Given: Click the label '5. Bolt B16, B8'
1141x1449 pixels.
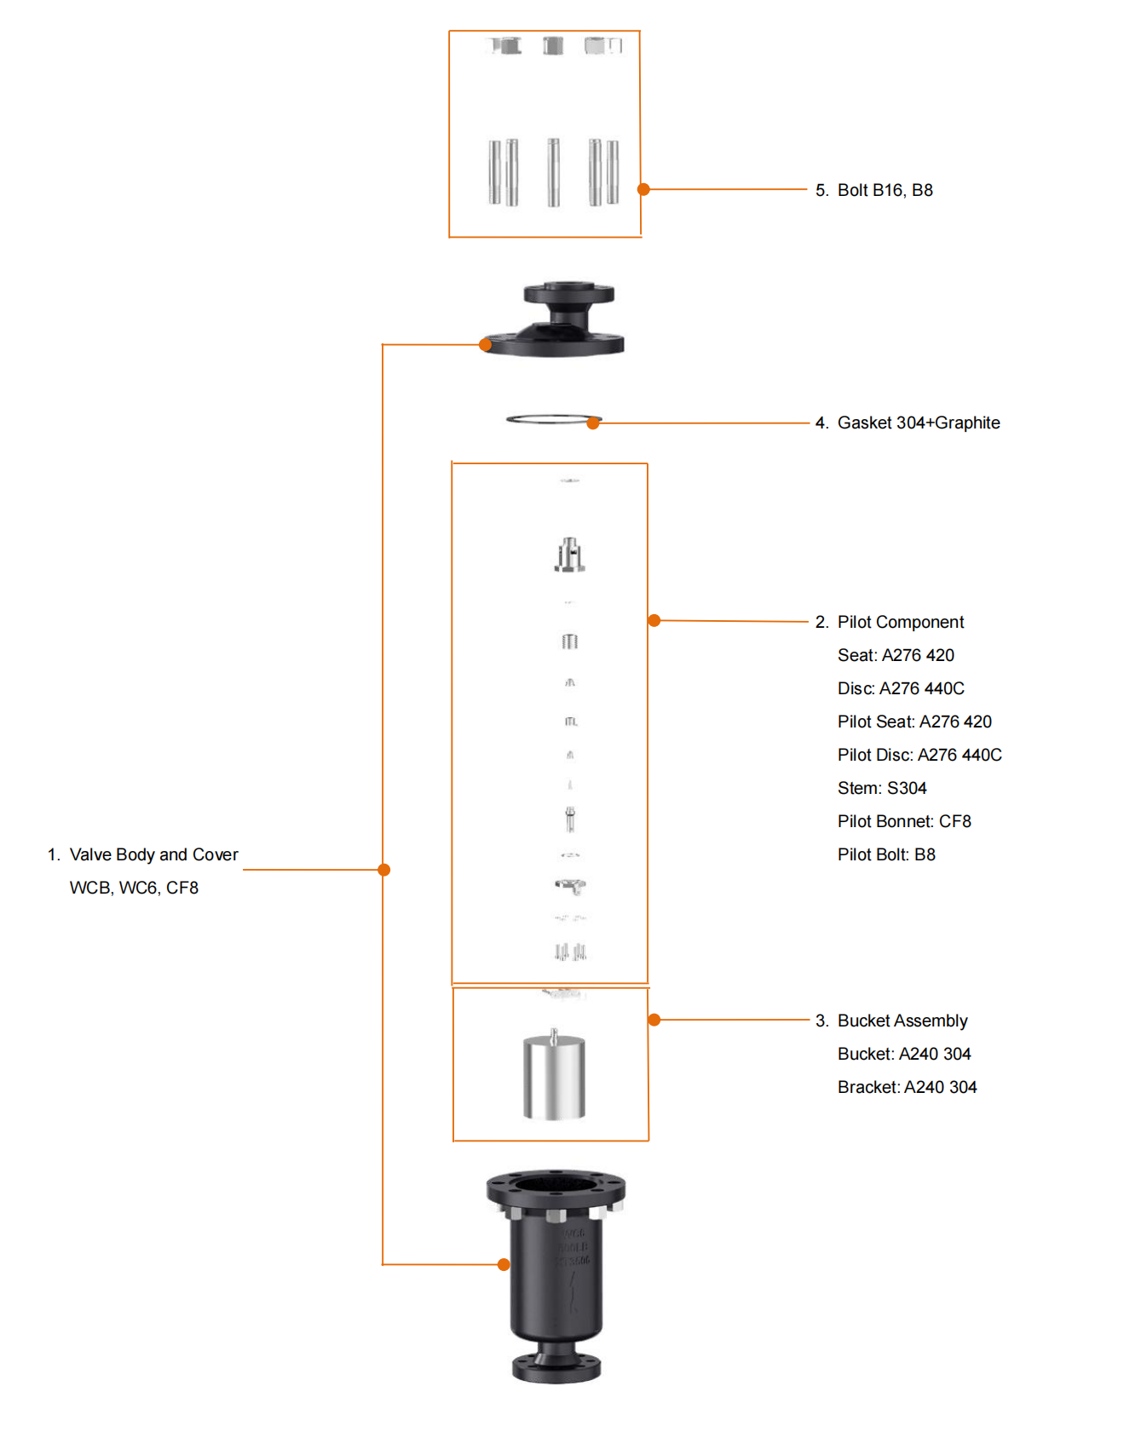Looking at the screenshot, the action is point(873,190).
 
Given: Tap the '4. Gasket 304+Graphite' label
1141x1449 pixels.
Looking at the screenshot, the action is point(908,423).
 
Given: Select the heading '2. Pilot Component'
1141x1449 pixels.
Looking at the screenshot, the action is point(890,622).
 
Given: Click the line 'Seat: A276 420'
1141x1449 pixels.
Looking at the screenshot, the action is point(896,655).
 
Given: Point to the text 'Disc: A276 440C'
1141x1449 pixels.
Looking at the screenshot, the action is point(901,688).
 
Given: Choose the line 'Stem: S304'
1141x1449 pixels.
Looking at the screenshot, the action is point(882,788).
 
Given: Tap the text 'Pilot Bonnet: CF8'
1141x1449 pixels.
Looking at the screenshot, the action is point(904,821).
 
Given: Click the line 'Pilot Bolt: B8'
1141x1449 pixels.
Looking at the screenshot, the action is point(886,854).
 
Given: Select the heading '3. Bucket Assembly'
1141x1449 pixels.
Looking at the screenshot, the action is point(891,1021).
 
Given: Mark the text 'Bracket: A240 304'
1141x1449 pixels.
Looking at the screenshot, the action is point(907,1087).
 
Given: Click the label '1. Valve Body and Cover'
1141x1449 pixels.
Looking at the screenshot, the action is point(142,854).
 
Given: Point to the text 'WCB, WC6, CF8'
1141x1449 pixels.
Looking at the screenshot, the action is point(134,888).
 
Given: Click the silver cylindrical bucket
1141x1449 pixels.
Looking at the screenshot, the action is point(554,1075).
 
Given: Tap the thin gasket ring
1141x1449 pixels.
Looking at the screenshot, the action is point(554,418).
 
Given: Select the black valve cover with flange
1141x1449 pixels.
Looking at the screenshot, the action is point(554,319).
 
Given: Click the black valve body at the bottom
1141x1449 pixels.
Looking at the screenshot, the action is point(556,1275).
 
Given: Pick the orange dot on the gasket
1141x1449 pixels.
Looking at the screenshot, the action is point(593,423).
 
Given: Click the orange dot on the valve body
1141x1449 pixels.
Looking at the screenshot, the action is point(504,1264).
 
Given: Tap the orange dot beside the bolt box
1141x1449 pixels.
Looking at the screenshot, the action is point(644,189).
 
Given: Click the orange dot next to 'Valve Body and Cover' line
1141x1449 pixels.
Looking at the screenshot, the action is point(384,870).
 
